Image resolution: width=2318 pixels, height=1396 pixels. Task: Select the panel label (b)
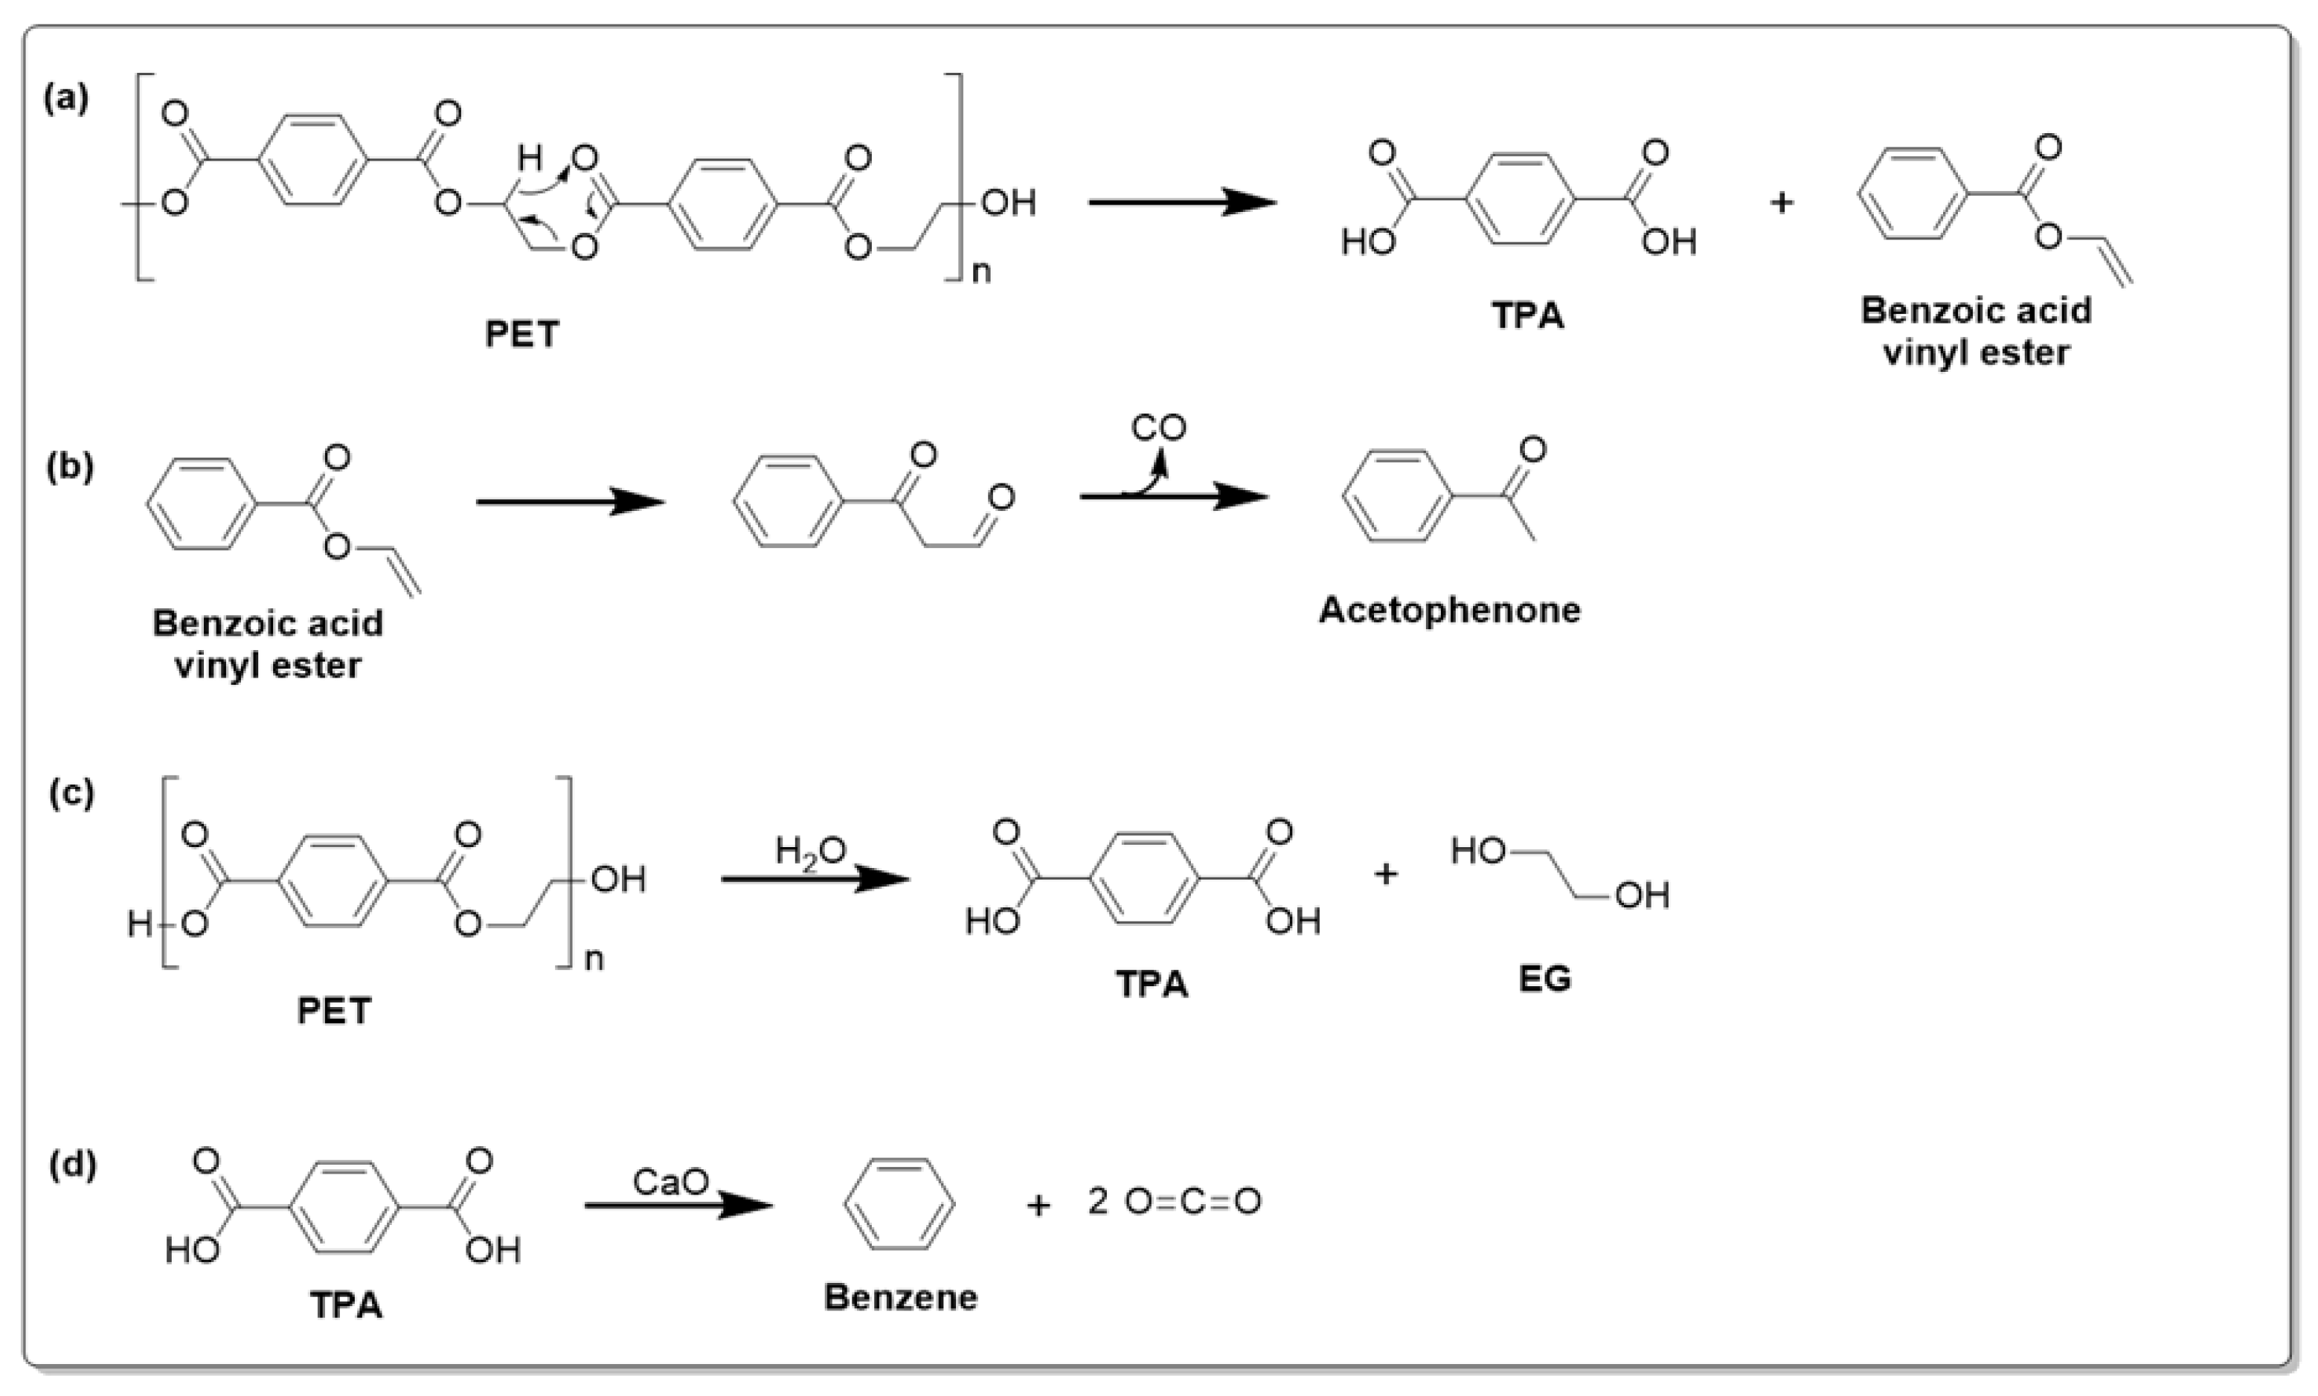pos(70,468)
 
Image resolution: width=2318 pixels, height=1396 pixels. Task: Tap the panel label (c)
pos(71,793)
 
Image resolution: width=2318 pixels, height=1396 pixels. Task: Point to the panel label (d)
pos(72,1165)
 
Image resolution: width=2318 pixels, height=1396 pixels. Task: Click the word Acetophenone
pos(1450,611)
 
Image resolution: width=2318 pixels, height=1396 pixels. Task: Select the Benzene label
pos(900,1297)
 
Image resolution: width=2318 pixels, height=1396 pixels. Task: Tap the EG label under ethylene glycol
pos(1544,980)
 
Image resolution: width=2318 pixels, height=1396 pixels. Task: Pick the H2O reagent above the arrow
pos(810,852)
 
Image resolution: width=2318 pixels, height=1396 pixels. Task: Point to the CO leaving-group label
pos(1158,428)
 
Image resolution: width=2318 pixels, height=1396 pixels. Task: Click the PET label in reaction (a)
pos(521,335)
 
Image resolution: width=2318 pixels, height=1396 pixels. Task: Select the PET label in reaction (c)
pos(334,1011)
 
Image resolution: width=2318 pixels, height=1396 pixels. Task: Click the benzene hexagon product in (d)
pos(899,1203)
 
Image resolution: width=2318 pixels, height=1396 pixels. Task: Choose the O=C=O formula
pos(1192,1201)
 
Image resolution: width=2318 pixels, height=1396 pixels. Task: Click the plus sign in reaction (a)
pos(1781,202)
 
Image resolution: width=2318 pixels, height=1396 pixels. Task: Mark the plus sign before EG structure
pos(1385,874)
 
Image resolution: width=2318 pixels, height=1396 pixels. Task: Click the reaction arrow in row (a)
pos(1181,202)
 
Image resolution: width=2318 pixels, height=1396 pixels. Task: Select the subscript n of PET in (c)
pos(594,960)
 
